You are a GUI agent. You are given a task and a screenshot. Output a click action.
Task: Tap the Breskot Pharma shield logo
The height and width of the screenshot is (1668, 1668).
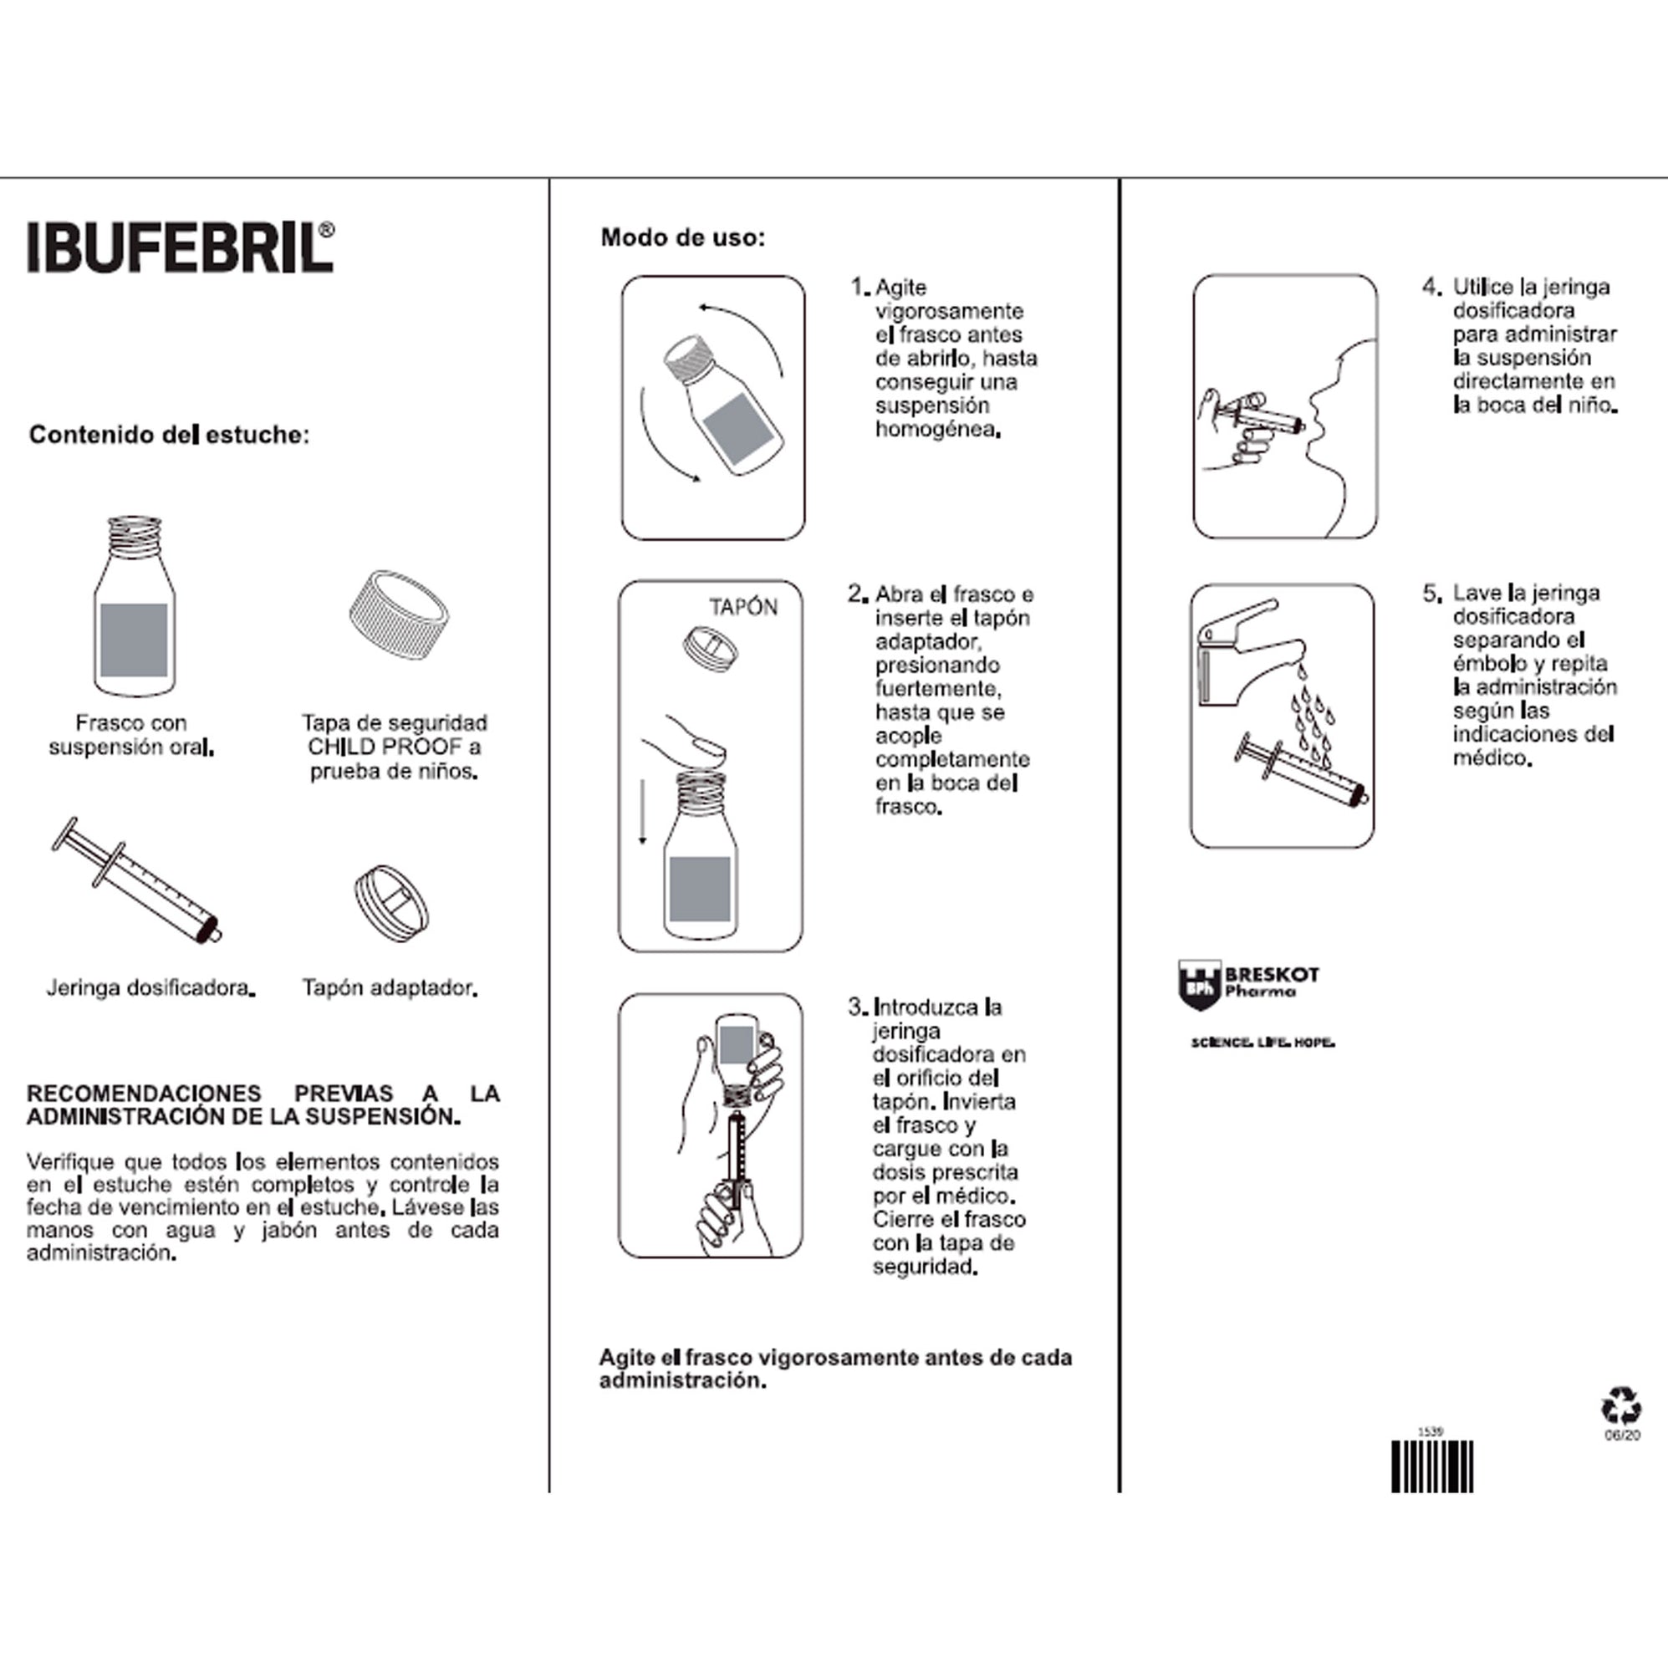1199,984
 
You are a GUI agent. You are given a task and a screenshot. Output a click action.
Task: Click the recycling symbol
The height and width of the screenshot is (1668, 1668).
1620,1405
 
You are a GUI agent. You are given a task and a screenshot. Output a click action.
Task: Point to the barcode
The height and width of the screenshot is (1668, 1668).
1431,1466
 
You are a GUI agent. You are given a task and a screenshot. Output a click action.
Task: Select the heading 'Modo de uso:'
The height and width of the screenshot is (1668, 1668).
682,237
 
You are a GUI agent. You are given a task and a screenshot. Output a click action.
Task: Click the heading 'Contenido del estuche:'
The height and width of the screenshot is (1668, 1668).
168,434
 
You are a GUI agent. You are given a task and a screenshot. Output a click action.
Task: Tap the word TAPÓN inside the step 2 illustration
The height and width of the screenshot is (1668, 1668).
742,607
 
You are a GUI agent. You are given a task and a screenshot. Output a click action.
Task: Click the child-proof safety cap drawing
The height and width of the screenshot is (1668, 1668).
399,615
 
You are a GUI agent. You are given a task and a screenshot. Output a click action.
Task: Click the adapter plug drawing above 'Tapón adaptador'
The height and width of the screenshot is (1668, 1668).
391,903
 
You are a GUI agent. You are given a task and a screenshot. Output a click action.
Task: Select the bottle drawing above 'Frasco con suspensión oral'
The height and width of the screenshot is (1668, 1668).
134,609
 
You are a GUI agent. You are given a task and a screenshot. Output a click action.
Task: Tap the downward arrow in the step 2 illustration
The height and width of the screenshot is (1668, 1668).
642,811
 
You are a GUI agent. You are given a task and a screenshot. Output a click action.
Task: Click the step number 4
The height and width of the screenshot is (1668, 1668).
1431,287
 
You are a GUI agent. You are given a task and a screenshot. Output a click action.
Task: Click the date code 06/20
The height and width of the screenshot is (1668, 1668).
1621,1435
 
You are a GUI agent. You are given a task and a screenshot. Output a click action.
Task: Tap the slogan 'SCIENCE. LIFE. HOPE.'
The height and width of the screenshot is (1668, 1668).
1262,1043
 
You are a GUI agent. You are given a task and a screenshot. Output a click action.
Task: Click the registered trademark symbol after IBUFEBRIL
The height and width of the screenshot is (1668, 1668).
325,230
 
